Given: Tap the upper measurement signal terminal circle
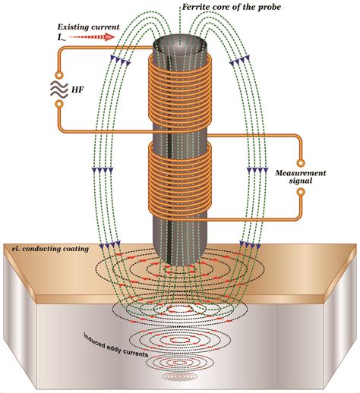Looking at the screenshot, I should click(301, 162).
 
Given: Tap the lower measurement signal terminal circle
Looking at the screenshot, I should click(301, 192).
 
